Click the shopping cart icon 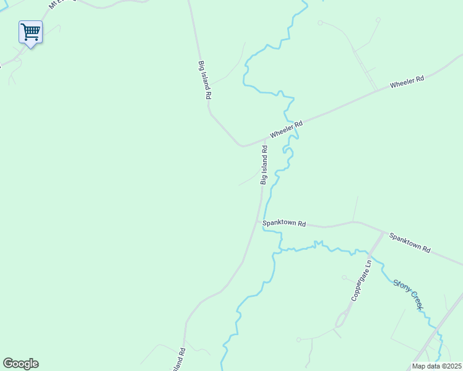tap(30, 31)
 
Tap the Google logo tap(20, 364)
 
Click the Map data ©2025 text tap(436, 366)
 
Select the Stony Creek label tap(408, 292)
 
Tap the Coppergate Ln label tap(360, 279)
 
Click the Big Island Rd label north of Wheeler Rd tap(205, 80)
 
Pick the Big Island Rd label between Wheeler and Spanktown tap(264, 164)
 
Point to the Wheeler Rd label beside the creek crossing tap(285, 129)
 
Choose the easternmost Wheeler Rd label tap(407, 82)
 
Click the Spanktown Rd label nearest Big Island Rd tap(284, 223)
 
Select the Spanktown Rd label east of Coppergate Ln tap(410, 241)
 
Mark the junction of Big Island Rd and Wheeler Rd tap(242, 146)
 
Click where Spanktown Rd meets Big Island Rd tap(259, 221)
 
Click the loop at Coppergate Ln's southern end tap(340, 320)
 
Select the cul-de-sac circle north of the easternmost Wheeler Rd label tap(320, 23)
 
